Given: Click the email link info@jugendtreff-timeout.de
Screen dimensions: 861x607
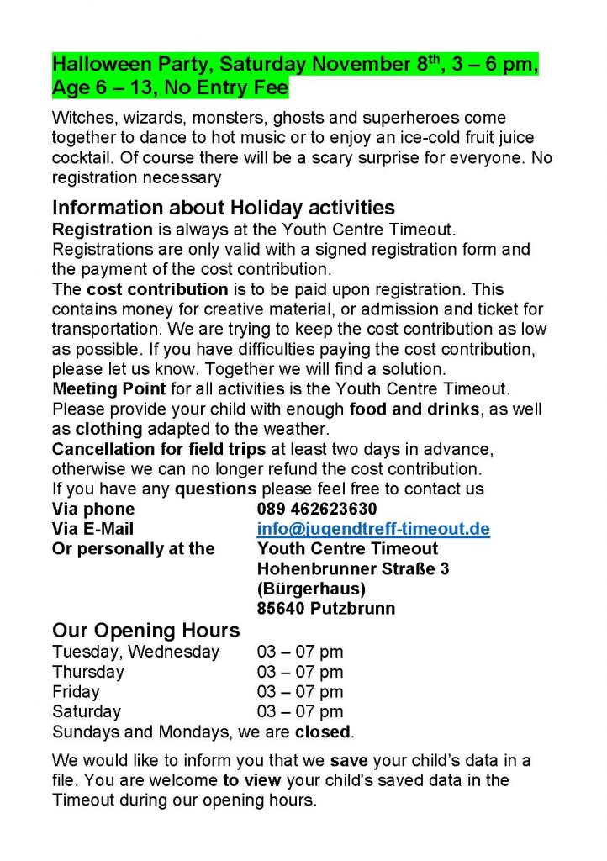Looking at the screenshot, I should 373,530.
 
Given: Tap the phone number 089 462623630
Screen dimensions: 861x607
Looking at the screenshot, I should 317,510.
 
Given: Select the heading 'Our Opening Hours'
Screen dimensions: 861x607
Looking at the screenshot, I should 145,631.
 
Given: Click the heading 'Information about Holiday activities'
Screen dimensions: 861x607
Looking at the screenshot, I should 224,208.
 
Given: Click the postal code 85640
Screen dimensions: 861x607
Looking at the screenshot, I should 282,609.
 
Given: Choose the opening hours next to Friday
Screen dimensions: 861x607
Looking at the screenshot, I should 300,692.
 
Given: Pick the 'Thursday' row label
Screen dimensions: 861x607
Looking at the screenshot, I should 87,672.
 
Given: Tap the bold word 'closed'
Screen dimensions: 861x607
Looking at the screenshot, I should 322,732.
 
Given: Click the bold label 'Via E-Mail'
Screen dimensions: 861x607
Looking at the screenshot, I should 92,530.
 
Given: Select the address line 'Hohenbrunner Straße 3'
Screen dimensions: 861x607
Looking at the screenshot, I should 352,569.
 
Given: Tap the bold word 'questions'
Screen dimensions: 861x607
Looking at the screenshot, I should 215,489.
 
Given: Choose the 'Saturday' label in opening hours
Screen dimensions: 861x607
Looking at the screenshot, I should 87,712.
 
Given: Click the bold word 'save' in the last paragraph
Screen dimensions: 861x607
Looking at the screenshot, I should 345,761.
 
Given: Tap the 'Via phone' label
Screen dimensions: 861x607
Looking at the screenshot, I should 93,510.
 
